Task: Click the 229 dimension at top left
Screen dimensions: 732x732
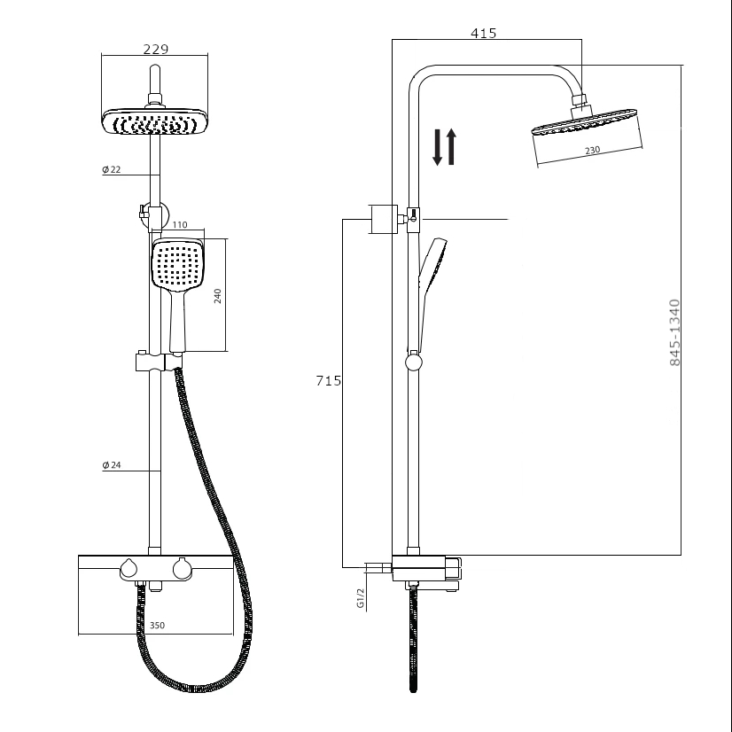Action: [x=155, y=50]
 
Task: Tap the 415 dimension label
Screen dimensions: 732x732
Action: [x=484, y=34]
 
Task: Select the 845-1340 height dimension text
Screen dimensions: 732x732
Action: [x=674, y=333]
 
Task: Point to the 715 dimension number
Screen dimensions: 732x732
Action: [x=328, y=381]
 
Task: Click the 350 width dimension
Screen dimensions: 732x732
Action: [x=156, y=626]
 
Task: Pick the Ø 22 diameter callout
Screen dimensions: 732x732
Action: [x=112, y=169]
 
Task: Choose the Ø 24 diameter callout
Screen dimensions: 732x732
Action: [x=112, y=465]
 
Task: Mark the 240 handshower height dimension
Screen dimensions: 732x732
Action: [x=217, y=295]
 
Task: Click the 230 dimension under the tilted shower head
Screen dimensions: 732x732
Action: [x=593, y=150]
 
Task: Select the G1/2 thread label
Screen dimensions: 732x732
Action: [x=361, y=598]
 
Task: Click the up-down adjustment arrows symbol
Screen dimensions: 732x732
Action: [x=444, y=147]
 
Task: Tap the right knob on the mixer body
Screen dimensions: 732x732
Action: [x=183, y=569]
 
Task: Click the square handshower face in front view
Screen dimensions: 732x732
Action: [x=180, y=264]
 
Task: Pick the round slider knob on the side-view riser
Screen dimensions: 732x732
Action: [x=413, y=360]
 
